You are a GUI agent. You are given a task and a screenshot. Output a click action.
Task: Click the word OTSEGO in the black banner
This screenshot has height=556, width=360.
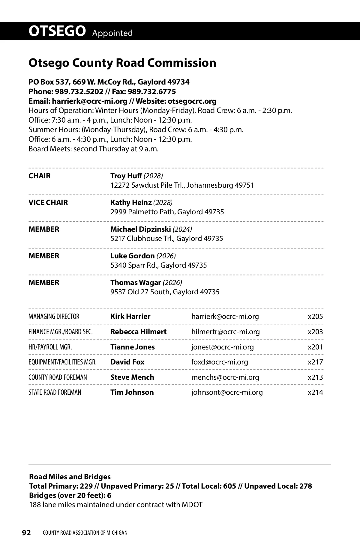tap(57, 31)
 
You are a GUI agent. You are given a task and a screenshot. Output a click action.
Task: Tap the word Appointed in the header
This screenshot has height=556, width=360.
tap(112, 33)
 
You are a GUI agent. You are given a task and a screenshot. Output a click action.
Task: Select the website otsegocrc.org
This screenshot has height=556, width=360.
tap(192, 101)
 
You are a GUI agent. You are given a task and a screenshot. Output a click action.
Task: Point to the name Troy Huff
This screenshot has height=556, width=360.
tap(126, 176)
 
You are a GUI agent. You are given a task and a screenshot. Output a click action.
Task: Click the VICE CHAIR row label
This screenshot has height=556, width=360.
tap(48, 202)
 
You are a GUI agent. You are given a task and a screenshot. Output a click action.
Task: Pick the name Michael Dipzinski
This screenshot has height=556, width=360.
tap(140, 229)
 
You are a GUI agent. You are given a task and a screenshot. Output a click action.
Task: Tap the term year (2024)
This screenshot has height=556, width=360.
tap(182, 229)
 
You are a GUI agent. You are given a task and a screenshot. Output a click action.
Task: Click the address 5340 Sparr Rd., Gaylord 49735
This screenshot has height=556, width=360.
tap(159, 265)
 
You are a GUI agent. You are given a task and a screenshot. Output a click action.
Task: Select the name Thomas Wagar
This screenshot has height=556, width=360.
tap(136, 282)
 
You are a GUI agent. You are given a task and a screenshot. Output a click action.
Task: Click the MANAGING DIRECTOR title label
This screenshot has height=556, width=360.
tap(54, 317)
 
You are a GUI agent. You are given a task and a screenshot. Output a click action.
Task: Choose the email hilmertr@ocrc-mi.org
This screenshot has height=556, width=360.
tap(226, 332)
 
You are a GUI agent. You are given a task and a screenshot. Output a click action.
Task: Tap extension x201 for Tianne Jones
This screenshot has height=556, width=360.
tap(315, 347)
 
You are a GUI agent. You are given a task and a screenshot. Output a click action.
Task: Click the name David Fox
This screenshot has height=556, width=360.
tap(127, 362)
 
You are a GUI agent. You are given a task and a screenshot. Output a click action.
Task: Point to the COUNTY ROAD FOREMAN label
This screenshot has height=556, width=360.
tap(58, 377)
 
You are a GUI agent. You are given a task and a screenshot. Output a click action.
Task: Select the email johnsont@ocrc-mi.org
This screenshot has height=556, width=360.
tap(227, 392)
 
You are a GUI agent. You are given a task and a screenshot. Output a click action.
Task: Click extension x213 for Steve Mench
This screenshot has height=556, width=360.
tap(315, 377)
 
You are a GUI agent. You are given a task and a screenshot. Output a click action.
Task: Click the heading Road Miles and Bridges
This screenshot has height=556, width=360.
tap(70, 477)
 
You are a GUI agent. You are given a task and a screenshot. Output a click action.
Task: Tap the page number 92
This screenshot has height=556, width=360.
tap(26, 533)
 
